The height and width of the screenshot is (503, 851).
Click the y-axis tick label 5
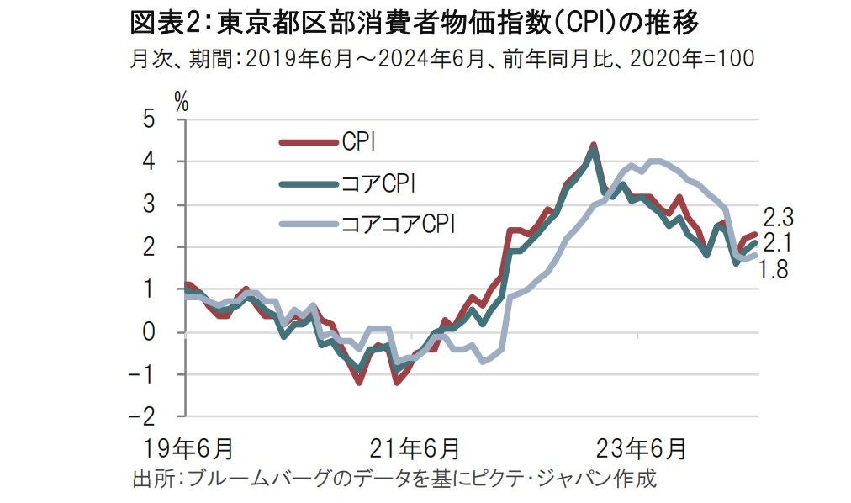pyautogui.click(x=149, y=119)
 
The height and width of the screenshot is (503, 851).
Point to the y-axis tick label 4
pyautogui.click(x=149, y=161)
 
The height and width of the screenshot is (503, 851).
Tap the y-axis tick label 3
pyautogui.click(x=149, y=204)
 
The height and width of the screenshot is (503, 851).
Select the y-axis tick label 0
pyautogui.click(x=149, y=331)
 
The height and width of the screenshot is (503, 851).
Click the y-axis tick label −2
pyautogui.click(x=143, y=417)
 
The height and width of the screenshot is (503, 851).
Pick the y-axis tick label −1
pyautogui.click(x=143, y=374)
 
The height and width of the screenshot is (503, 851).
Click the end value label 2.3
pyautogui.click(x=780, y=217)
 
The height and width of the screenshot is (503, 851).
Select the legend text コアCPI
pyautogui.click(x=378, y=183)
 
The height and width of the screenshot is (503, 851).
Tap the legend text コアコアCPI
pyautogui.click(x=396, y=224)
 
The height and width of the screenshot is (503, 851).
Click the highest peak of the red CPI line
pyautogui.click(x=593, y=146)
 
